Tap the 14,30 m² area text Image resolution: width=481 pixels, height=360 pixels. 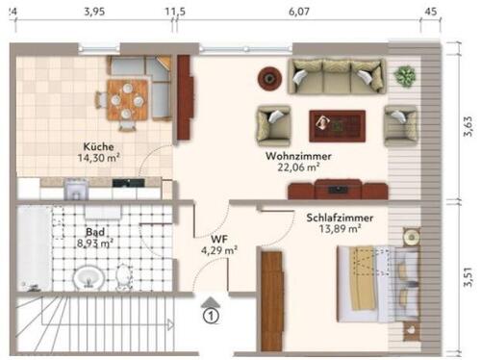pyautogui.click(x=99, y=160)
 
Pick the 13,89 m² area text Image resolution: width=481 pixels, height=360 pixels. pyautogui.click(x=341, y=229)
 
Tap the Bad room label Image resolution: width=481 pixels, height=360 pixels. pyautogui.click(x=95, y=233)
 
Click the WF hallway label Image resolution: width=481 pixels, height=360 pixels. pyautogui.click(x=218, y=240)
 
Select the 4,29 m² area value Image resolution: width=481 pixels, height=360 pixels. pyautogui.click(x=218, y=251)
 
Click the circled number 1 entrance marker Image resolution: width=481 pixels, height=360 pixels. pyautogui.click(x=211, y=312)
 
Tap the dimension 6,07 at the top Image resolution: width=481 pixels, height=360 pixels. pyautogui.click(x=298, y=12)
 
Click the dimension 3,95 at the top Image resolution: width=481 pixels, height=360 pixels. pyautogui.click(x=93, y=12)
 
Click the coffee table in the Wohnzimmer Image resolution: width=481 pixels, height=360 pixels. pyautogui.click(x=336, y=124)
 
